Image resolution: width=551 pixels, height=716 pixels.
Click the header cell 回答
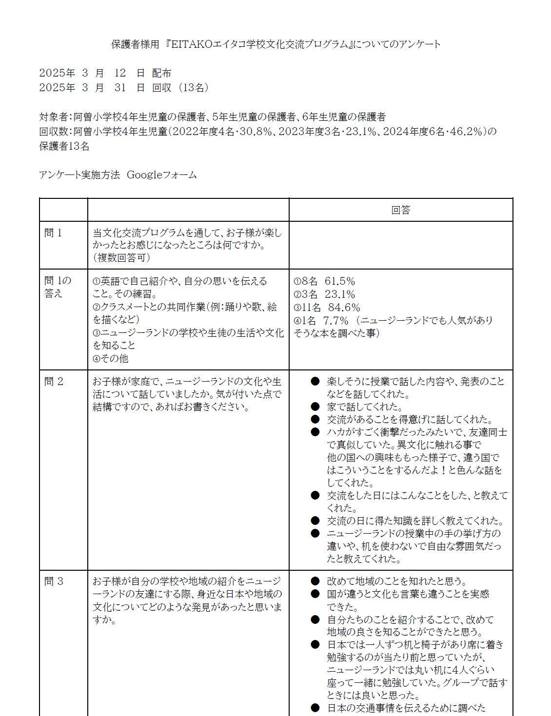pyautogui.click(x=401, y=210)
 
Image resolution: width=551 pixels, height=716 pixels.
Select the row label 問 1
pyautogui.click(x=53, y=233)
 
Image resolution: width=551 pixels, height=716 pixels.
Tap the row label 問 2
pyautogui.click(x=54, y=382)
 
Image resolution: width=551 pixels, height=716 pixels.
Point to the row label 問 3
pyautogui.click(x=54, y=581)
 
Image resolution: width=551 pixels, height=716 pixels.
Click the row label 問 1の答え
pyautogui.click(x=58, y=287)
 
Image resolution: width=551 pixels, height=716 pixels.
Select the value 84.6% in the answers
pyautogui.click(x=344, y=308)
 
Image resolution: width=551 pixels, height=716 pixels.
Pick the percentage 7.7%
pyautogui.click(x=336, y=321)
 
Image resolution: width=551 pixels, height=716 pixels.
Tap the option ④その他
pyautogui.click(x=111, y=358)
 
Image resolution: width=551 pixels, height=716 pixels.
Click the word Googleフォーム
pyautogui.click(x=162, y=175)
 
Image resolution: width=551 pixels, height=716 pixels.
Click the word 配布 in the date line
pyautogui.click(x=161, y=73)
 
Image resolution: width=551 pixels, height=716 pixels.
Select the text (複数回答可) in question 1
pyautogui.click(x=121, y=258)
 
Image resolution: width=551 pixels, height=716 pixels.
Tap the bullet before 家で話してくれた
pyautogui.click(x=315, y=406)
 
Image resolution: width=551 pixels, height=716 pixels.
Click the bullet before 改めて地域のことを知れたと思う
pyautogui.click(x=315, y=581)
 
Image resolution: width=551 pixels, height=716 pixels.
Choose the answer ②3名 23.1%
pyautogui.click(x=324, y=294)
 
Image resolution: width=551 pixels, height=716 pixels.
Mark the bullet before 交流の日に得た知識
pyautogui.click(x=315, y=521)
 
